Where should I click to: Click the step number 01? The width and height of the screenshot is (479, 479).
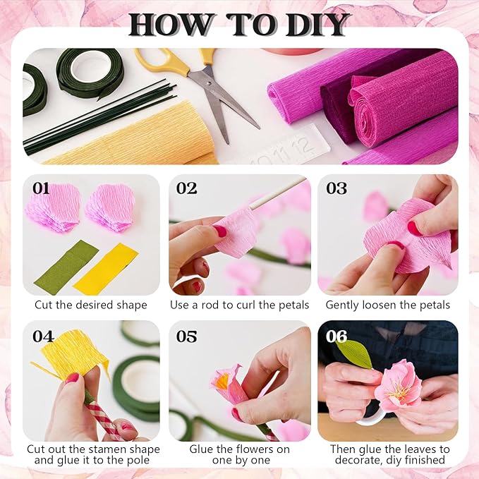[41, 188]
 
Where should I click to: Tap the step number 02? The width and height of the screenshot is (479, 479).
[187, 188]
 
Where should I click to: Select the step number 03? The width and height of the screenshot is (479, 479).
[336, 188]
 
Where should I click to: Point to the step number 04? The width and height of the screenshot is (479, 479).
[42, 336]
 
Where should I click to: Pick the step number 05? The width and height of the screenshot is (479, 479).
[187, 336]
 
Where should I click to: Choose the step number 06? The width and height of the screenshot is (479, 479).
[336, 336]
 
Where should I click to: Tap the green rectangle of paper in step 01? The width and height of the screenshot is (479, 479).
[66, 267]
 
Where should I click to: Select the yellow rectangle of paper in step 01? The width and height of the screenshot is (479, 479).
[105, 269]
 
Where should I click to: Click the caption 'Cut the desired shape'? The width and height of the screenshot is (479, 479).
[91, 305]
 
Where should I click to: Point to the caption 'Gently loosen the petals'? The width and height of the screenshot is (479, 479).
[387, 305]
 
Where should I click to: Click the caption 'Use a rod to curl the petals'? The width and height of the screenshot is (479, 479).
[239, 305]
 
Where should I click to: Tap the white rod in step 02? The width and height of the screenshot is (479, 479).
[275, 194]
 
